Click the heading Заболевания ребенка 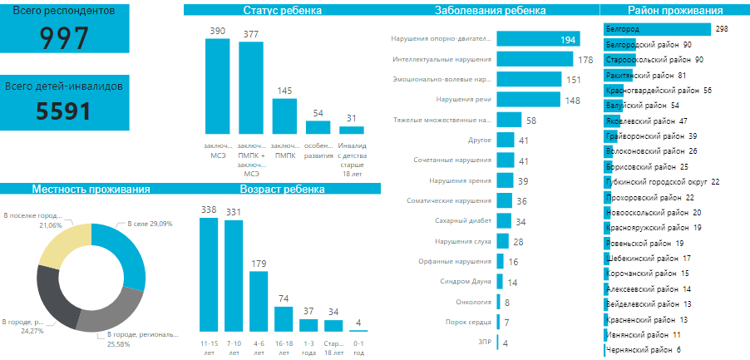491,11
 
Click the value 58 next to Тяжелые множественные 531,121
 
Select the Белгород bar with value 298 658,29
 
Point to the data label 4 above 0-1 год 358,323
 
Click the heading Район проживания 674,11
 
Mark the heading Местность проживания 91,189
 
